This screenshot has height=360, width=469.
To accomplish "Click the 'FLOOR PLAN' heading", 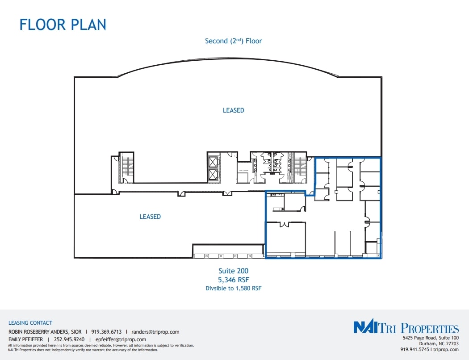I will coord(63,24).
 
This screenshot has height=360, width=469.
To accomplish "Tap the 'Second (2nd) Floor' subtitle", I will coord(233,41).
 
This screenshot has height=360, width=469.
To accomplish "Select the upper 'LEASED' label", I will coord(233,110).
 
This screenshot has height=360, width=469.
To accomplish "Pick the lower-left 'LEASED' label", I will coord(150,217).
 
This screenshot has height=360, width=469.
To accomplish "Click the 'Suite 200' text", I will coord(233,271).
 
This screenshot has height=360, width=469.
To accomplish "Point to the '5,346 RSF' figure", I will coord(233,280).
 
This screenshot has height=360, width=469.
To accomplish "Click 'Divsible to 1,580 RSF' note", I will coord(233,289).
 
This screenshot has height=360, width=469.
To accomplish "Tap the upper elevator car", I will coord(213,161).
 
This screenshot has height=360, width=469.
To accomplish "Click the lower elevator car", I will coord(213,174).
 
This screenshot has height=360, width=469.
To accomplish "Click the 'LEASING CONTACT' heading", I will coord(30,323).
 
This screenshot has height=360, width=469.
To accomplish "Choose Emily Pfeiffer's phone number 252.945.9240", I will coord(69,339).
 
